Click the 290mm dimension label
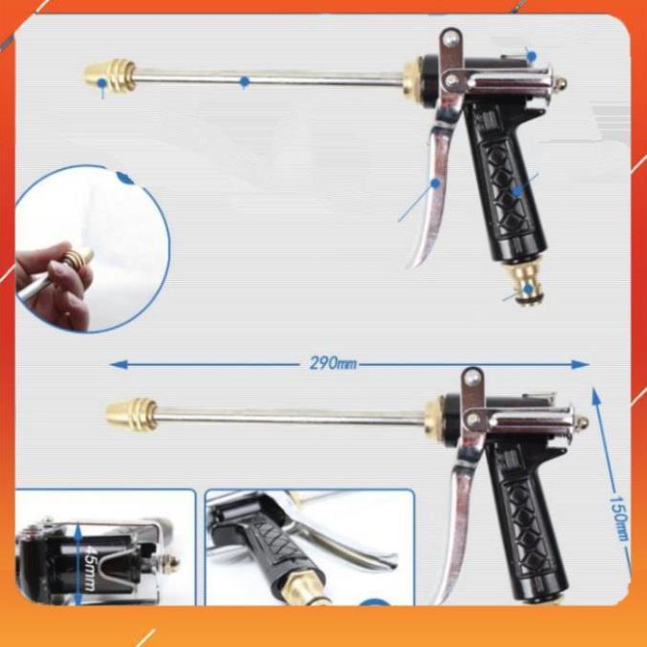coord(333,363)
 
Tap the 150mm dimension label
coord(619,517)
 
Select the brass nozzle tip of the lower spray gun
coord(132,414)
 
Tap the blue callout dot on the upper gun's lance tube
coord(245,81)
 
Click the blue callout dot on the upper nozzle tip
coord(102,83)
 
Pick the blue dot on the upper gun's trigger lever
coord(436,183)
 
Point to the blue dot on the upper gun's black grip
coord(517,190)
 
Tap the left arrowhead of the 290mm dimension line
coord(119,364)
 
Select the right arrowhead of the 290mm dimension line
coord(580,364)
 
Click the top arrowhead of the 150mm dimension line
coord(595,396)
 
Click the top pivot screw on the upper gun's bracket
coord(450,39)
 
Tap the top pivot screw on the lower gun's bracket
coord(472,377)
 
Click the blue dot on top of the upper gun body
coord(532,56)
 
